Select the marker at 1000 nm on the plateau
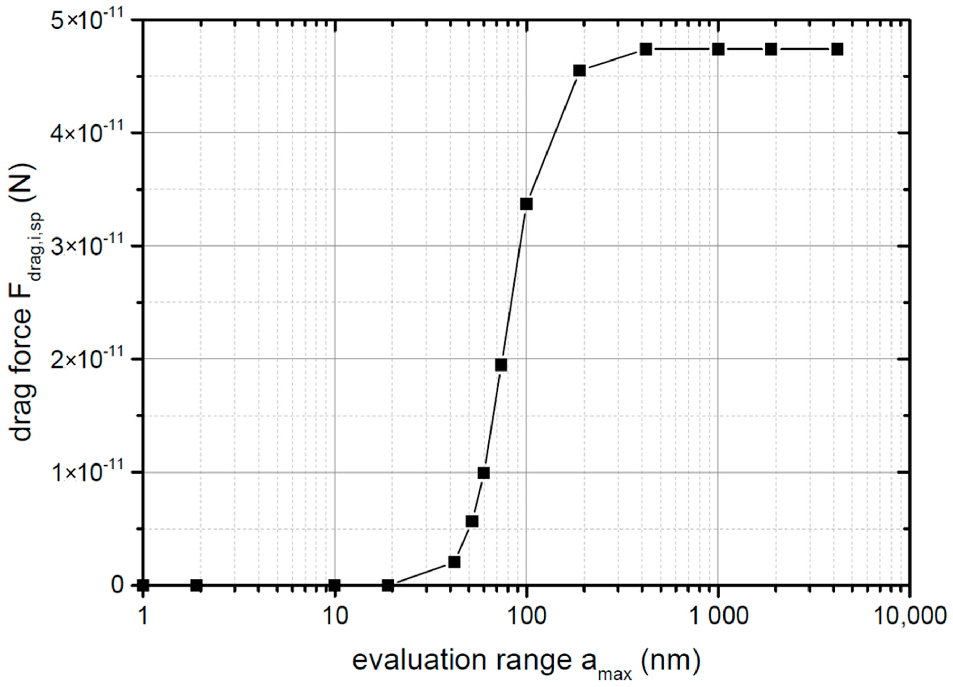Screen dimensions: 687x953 point(718,49)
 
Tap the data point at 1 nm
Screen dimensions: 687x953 point(143,585)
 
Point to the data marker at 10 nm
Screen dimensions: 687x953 point(334,585)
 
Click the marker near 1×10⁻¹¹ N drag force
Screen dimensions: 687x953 point(484,473)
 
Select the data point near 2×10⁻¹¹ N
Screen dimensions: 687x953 point(501,365)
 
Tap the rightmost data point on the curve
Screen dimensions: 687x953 point(838,49)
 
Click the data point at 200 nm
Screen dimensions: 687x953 point(580,71)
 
